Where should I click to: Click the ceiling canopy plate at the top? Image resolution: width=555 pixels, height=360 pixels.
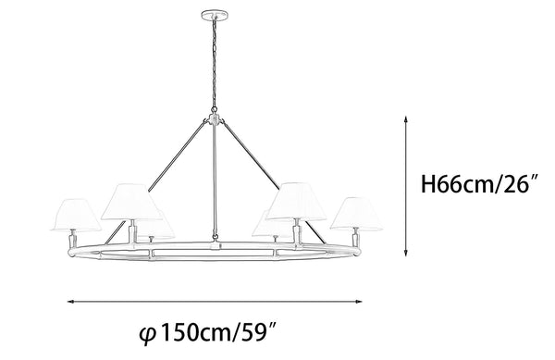click(x=215, y=15)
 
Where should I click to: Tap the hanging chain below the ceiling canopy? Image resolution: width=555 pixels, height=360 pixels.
click(x=215, y=64)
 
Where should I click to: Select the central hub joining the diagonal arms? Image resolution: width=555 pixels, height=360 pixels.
click(x=214, y=119)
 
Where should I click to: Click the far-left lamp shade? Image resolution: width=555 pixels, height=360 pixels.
click(x=77, y=215)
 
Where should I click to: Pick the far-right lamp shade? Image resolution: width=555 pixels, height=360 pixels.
click(x=356, y=214)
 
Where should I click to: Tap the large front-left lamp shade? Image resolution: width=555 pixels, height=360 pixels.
click(x=131, y=202)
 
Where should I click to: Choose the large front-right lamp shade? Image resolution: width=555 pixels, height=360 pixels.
click(x=296, y=201)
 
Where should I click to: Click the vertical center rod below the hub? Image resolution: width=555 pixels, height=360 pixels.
click(x=215, y=181)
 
